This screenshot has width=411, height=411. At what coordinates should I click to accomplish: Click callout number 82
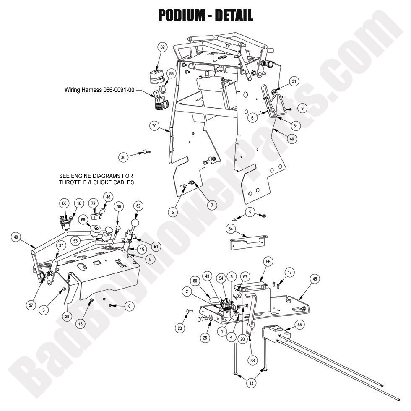[162, 47]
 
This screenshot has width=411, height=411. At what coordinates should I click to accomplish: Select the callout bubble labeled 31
[294, 81]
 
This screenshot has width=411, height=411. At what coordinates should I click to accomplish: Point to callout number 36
[123, 157]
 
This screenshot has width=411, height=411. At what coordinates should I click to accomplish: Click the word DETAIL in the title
[233, 16]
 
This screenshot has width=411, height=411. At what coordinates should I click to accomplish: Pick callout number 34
[230, 229]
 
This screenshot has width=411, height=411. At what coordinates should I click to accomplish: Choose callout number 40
[16, 237]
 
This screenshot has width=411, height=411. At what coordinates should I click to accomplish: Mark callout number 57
[31, 305]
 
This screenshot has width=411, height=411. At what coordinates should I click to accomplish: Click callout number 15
[80, 323]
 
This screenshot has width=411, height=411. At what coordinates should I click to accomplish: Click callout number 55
[299, 324]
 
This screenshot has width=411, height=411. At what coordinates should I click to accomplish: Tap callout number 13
[251, 383]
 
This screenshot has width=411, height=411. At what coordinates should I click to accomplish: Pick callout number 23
[180, 328]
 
